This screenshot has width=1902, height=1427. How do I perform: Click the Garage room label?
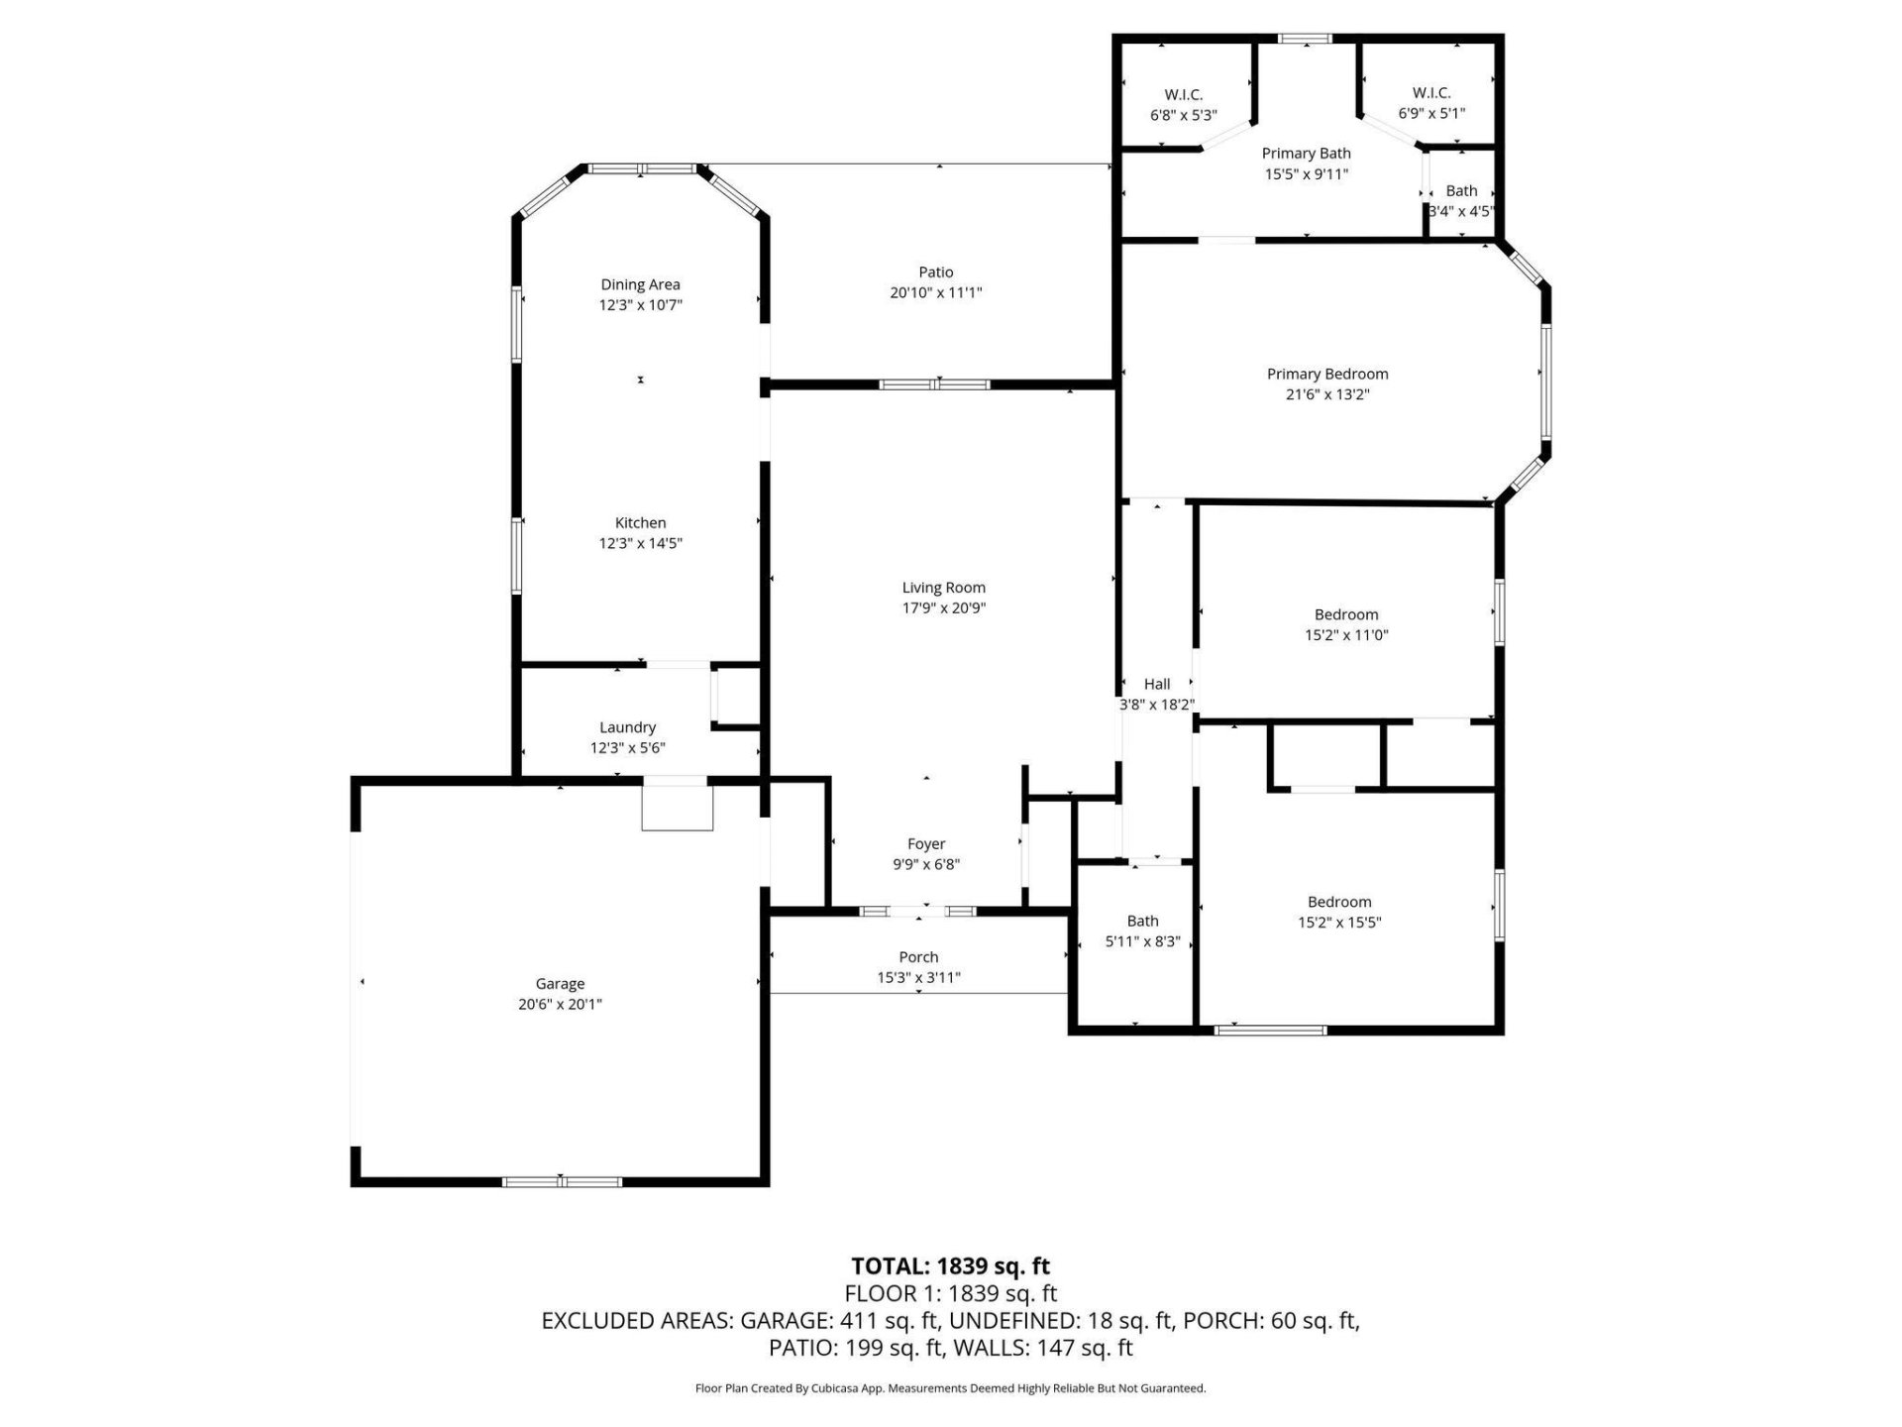(560, 984)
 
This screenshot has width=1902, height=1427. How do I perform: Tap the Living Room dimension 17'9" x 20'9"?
(943, 608)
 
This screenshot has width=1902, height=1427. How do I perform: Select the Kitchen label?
(640, 523)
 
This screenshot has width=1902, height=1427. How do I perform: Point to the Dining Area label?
(640, 285)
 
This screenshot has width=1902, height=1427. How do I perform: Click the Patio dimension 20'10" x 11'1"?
(936, 293)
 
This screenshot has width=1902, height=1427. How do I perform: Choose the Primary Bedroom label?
(1327, 375)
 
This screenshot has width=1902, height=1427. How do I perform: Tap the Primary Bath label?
(1306, 154)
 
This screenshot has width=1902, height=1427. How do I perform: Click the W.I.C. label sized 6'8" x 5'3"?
(1183, 95)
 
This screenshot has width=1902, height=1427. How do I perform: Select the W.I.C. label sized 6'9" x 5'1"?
(1431, 93)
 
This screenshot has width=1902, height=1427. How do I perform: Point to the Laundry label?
(627, 727)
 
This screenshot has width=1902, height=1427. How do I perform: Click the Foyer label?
(926, 844)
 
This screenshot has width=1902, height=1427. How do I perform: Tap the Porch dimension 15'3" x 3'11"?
(918, 978)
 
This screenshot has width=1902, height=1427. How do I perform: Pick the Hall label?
(1157, 684)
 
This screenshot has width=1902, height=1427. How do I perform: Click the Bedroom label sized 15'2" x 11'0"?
(1346, 615)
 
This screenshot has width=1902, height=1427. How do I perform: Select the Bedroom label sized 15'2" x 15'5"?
(1339, 902)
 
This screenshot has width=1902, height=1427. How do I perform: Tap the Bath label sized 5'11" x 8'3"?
(1142, 922)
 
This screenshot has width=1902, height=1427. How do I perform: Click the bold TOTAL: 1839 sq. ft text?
(950, 1266)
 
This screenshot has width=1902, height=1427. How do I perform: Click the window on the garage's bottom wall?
(562, 1181)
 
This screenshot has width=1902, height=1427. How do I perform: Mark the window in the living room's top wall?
(934, 384)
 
